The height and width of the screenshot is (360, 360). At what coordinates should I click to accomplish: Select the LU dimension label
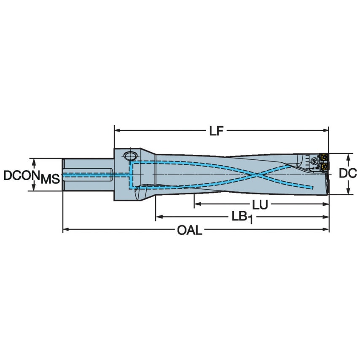(x=260, y=205)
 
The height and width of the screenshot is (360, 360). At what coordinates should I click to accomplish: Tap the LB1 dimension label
(x=241, y=218)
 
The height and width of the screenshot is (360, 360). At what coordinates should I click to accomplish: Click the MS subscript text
(x=50, y=180)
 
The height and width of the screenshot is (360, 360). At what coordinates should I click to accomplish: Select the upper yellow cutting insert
(x=325, y=157)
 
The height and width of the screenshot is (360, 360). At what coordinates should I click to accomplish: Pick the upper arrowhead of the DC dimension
(x=348, y=156)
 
